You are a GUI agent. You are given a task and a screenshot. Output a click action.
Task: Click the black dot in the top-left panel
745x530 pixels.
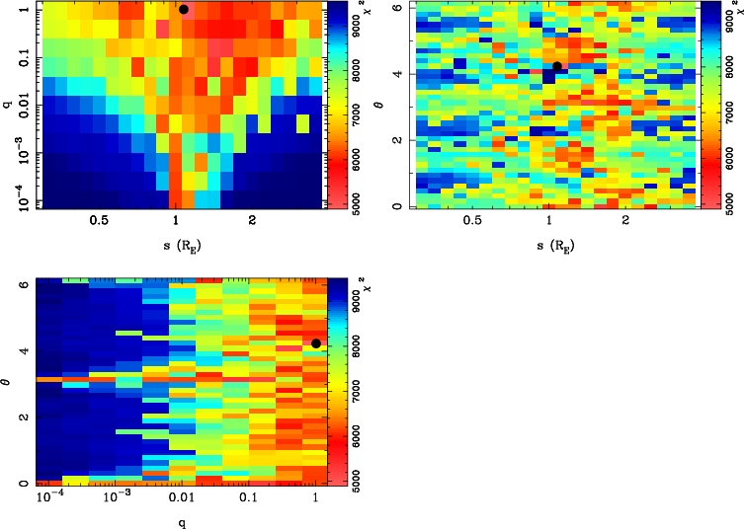pos(184,9)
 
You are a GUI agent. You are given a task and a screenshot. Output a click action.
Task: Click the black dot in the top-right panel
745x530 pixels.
pos(557,66)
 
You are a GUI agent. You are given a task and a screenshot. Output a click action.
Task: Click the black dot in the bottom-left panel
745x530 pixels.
pos(315,343)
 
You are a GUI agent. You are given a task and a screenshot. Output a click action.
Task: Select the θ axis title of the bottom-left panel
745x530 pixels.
pos(9,380)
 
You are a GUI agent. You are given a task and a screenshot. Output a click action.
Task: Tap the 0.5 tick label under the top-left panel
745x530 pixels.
pos(99,222)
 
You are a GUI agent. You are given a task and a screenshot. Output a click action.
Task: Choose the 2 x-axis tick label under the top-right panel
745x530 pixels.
pos(625,222)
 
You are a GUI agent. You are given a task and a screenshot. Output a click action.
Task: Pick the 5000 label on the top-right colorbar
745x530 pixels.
pos(730,194)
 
